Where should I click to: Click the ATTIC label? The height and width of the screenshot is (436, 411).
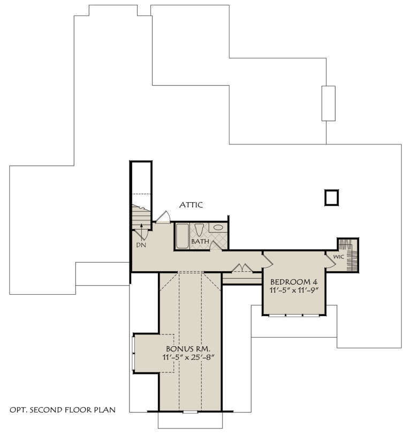pos(191,205)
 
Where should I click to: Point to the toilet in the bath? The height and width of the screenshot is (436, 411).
pos(199,230)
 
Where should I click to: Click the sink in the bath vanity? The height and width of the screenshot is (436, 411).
pos(218,228)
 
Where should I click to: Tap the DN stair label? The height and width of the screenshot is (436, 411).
pos(141,244)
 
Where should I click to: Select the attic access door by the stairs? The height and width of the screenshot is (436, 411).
pos(163,217)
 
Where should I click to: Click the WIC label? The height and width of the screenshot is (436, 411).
pos(338,257)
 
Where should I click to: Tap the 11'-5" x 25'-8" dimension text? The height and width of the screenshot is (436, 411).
pos(189,357)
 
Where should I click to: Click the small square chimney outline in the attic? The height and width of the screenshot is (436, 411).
pos(331,197)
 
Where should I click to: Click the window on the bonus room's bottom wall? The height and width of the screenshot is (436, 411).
pos(190,412)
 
